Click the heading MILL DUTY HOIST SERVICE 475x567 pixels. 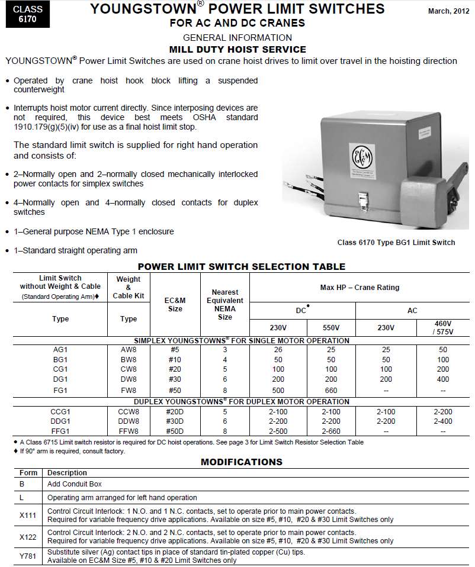[x=237, y=50]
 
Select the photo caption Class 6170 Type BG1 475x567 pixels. [x=396, y=242]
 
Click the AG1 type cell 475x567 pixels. [x=60, y=350]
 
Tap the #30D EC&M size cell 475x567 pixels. [x=175, y=421]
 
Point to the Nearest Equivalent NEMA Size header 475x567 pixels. [x=225, y=304]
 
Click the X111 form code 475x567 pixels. [x=28, y=515]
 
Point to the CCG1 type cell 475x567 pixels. [x=60, y=411]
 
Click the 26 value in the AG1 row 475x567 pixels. [x=278, y=350]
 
